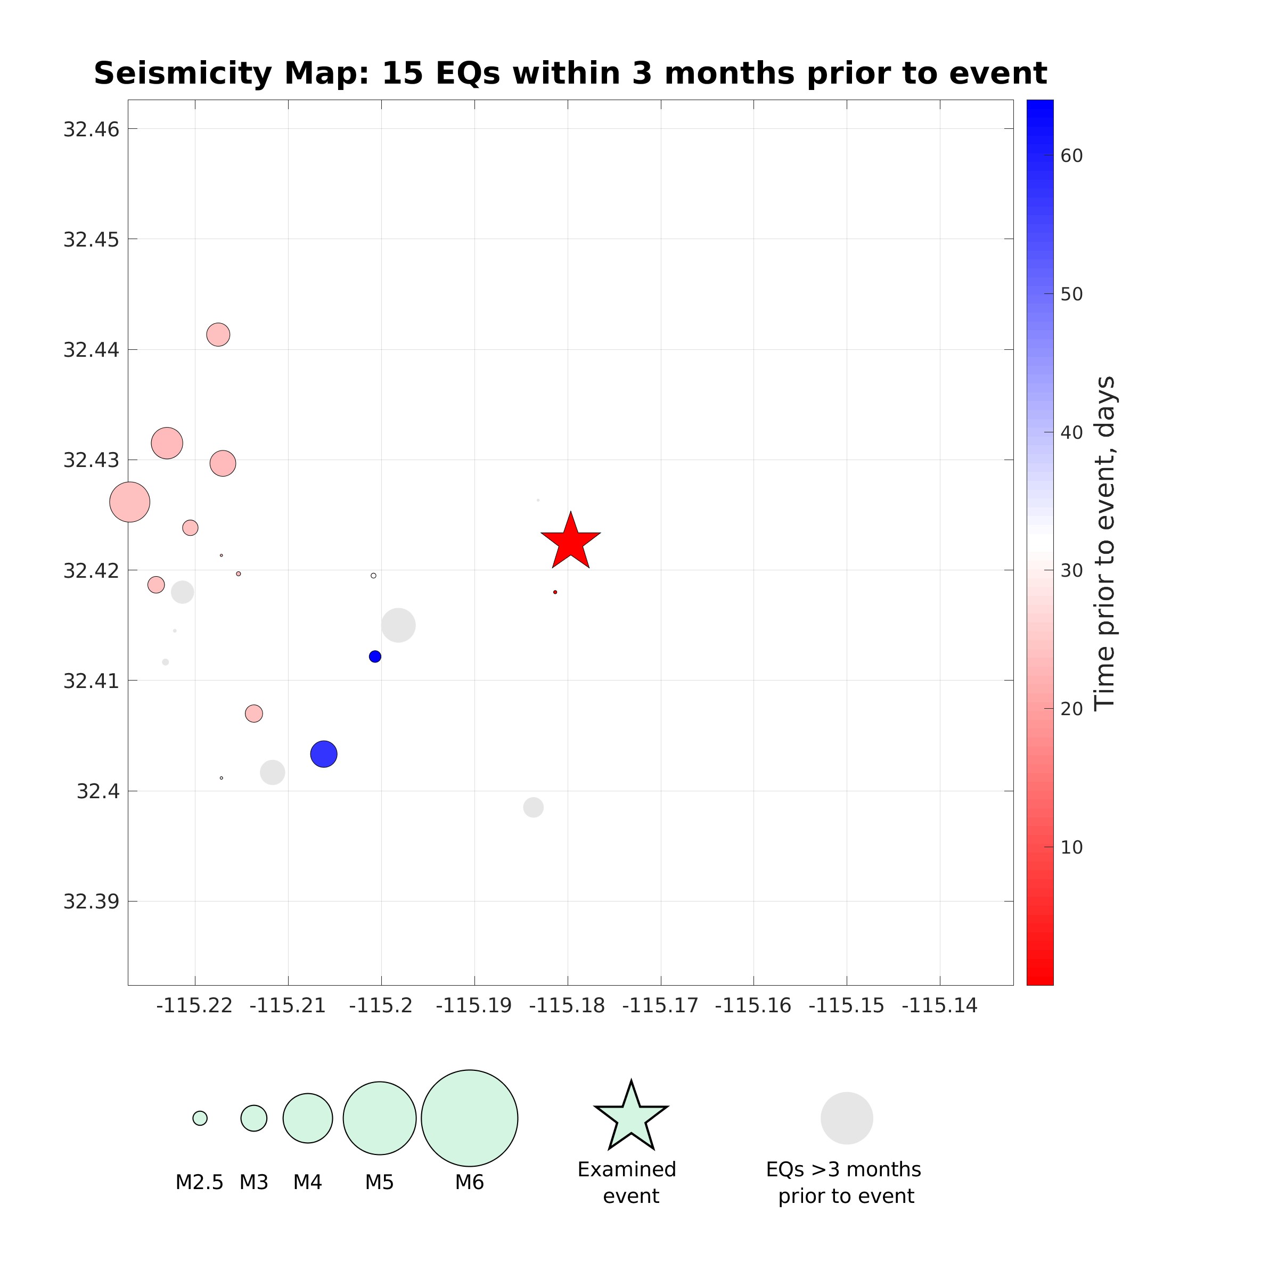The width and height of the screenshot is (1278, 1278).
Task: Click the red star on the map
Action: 570,542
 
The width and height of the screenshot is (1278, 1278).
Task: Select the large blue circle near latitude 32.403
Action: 323,753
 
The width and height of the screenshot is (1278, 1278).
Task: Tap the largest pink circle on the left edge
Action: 129,502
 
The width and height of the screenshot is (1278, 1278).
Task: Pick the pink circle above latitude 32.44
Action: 218,335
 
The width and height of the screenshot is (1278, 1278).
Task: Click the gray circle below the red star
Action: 533,807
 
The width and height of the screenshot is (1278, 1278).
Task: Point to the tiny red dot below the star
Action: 555,592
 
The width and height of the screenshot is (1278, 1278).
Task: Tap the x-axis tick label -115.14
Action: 939,1006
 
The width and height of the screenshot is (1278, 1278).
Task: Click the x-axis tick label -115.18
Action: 567,1006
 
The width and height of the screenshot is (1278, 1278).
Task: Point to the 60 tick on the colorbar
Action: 1071,156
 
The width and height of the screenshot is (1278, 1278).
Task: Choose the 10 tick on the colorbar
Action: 1071,847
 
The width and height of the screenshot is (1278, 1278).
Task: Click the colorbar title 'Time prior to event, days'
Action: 1105,543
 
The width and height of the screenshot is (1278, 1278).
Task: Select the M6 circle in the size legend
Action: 469,1118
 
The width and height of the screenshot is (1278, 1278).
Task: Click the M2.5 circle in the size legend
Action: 200,1118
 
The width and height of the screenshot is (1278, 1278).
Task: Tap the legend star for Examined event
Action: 631,1118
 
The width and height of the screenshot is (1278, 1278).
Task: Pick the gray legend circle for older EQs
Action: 847,1118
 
